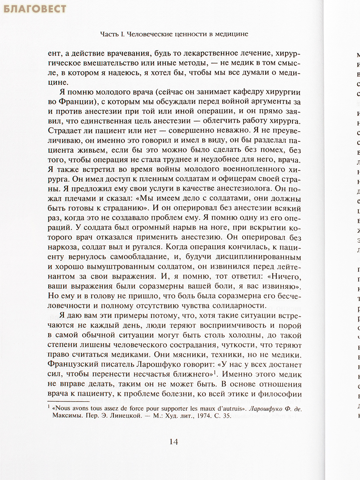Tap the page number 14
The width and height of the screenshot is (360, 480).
[x=174, y=442]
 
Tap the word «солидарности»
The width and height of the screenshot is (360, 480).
[x=229, y=306]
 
